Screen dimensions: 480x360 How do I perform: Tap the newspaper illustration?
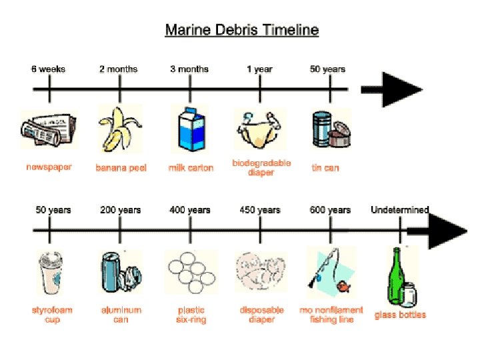(x=48, y=129)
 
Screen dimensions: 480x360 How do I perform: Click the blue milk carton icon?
(x=190, y=129)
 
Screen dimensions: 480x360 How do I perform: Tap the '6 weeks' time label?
(x=48, y=69)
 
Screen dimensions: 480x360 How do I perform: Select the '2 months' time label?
(x=119, y=69)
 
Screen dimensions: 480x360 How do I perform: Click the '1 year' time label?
(x=259, y=69)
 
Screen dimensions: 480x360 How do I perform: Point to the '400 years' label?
(x=190, y=210)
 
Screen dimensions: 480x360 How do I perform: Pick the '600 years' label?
(x=330, y=210)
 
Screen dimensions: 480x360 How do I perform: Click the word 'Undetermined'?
(x=400, y=210)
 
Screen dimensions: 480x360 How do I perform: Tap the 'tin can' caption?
(x=325, y=168)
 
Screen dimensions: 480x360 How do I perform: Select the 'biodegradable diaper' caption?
(x=261, y=168)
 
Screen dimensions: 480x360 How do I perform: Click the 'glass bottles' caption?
(x=400, y=315)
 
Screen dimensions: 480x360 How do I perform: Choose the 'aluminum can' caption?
(x=121, y=315)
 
